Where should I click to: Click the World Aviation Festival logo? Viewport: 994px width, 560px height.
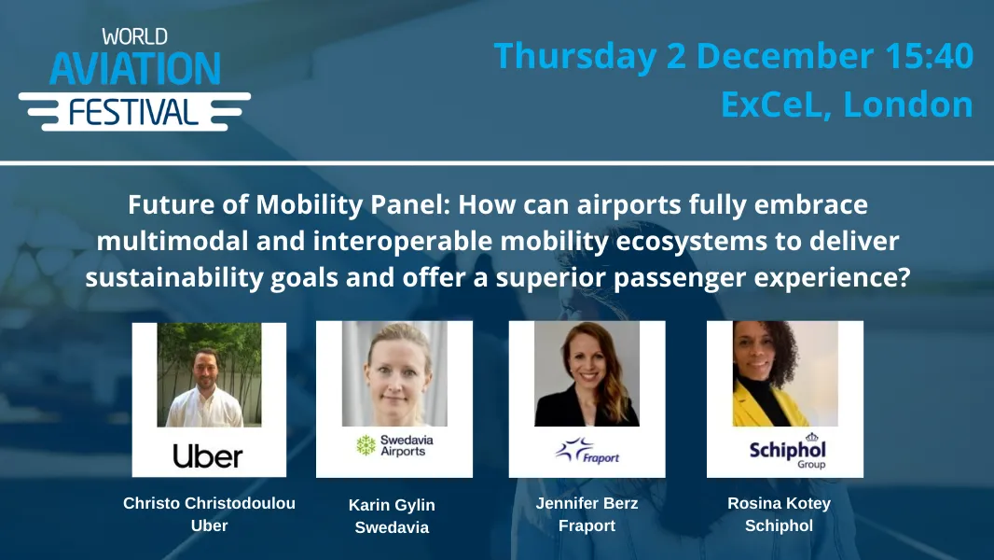(x=134, y=78)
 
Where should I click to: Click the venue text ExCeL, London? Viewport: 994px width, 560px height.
(x=846, y=105)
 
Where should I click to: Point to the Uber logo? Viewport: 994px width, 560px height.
(x=208, y=455)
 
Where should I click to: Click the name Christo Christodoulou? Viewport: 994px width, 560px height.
(x=209, y=503)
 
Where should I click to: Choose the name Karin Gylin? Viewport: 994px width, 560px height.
(x=392, y=505)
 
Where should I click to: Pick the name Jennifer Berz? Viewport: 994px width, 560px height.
(x=587, y=503)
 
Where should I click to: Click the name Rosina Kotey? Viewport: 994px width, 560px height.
(x=779, y=503)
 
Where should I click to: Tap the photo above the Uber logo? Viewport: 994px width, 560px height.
(x=209, y=375)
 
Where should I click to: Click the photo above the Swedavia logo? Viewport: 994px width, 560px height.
(x=394, y=373)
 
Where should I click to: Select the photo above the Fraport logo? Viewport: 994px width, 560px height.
(x=587, y=373)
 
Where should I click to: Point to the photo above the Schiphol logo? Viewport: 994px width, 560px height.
(x=785, y=373)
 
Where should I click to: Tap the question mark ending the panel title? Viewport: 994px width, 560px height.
(x=901, y=278)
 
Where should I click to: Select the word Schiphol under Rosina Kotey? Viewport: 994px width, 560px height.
(x=779, y=525)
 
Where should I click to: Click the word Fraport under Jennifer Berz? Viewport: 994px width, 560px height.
(x=587, y=525)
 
